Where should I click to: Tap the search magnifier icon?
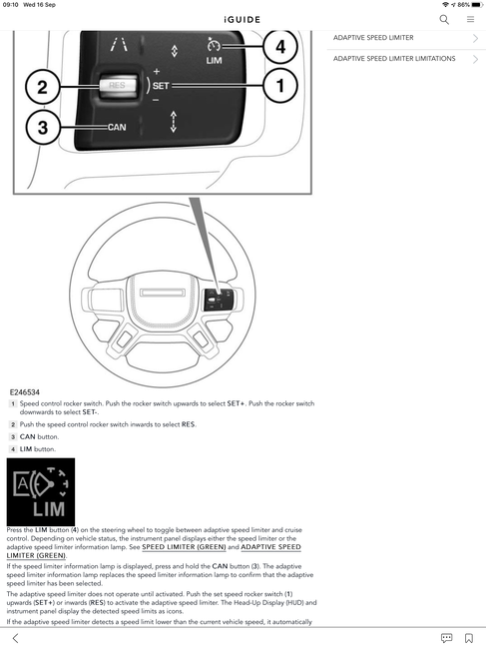[x=444, y=19]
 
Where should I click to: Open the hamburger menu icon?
[x=470, y=19]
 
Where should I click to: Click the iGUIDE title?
[x=243, y=19]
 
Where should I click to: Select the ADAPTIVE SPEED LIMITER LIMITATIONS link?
[x=394, y=59]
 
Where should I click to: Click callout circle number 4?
[x=280, y=46]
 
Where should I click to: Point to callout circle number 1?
[x=280, y=86]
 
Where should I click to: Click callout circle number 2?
[x=43, y=87]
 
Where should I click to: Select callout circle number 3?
[x=43, y=127]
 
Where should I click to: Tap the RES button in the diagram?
[x=118, y=85]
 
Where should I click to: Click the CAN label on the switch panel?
[x=117, y=127]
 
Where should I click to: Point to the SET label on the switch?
[x=161, y=86]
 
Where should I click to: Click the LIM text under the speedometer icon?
[x=214, y=61]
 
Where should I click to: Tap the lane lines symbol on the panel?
[x=119, y=44]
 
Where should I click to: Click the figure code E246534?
[x=25, y=392]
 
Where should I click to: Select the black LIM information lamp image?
[x=41, y=491]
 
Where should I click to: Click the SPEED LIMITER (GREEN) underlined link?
[x=184, y=547]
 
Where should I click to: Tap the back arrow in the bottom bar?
[x=15, y=638]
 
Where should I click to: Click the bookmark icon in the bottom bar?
[x=469, y=638]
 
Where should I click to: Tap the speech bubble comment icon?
[x=446, y=638]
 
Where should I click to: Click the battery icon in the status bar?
[x=477, y=5]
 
